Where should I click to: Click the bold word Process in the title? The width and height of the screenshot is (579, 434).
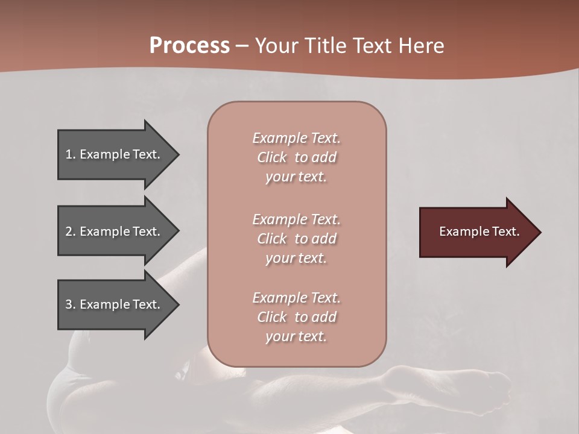(x=189, y=46)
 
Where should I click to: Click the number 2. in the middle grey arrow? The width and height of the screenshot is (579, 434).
(x=71, y=231)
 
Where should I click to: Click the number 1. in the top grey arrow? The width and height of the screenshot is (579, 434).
(x=71, y=154)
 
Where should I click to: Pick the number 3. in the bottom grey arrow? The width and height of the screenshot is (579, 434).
(x=71, y=304)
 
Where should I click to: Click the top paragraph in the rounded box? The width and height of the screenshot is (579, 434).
(x=296, y=157)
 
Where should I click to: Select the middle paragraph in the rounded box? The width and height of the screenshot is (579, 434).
(x=296, y=238)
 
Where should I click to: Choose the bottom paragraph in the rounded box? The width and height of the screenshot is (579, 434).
(x=296, y=317)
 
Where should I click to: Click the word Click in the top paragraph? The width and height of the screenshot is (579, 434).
(x=272, y=157)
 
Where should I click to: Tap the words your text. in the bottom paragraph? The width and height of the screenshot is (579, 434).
(x=296, y=336)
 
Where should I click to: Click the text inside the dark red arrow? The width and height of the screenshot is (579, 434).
(x=479, y=231)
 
